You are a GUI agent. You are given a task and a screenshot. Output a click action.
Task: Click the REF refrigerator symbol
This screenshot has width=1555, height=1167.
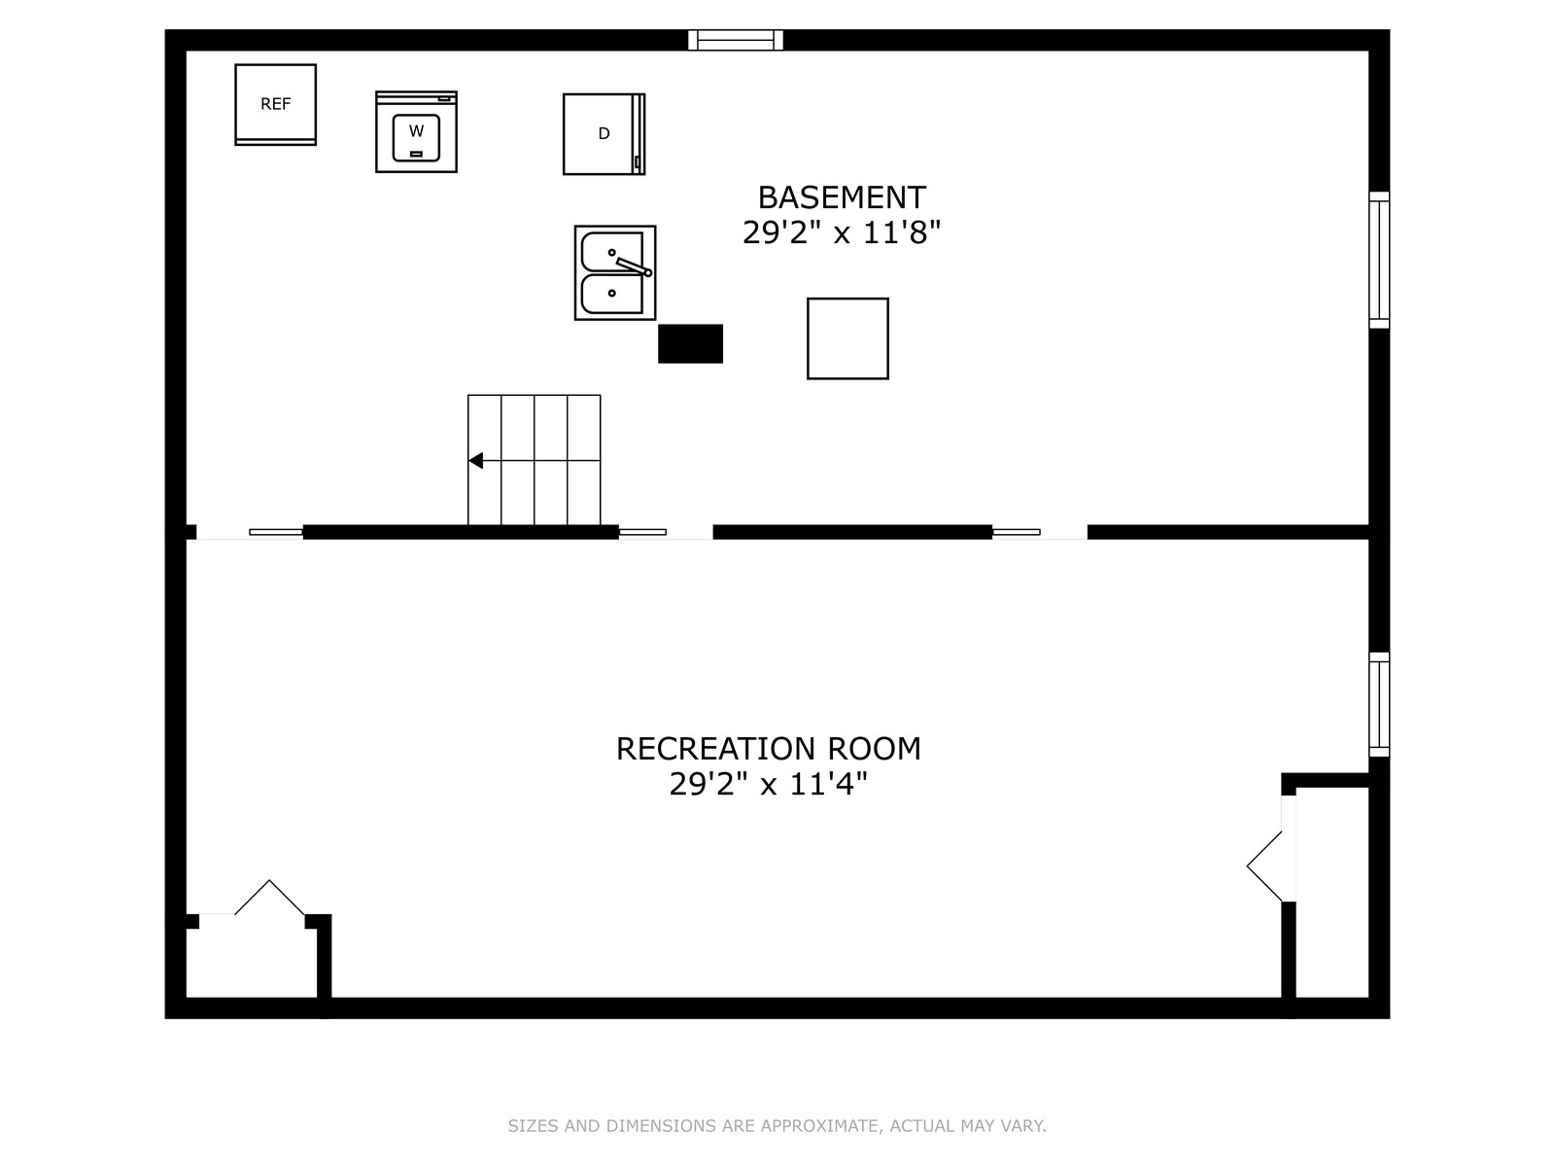click(x=276, y=105)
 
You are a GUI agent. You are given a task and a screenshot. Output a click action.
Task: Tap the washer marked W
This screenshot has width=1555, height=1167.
click(x=417, y=132)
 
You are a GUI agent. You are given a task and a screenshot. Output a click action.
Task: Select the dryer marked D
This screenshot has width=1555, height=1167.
click(x=605, y=134)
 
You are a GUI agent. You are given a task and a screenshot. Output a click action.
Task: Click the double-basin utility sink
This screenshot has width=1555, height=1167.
click(x=615, y=273)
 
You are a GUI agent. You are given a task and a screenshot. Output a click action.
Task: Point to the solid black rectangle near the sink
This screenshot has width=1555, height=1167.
click(x=691, y=343)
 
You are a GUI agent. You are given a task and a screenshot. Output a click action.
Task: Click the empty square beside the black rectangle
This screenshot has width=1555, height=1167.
click(x=848, y=338)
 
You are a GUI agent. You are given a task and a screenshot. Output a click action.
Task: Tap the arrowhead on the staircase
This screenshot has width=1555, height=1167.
click(x=475, y=461)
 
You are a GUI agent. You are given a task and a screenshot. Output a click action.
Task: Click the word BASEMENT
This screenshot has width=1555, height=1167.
click(x=842, y=197)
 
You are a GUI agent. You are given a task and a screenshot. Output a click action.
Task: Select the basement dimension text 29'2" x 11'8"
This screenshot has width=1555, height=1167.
click(x=842, y=232)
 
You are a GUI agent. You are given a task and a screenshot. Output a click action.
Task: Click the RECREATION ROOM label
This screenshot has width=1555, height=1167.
click(x=769, y=749)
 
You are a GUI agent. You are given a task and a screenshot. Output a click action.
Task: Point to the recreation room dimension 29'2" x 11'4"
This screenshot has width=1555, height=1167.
click(x=769, y=784)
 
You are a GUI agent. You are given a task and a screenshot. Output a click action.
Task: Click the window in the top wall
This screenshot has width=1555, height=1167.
click(x=736, y=41)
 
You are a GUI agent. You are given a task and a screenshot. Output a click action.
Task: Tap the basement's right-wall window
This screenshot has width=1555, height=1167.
click(x=1379, y=260)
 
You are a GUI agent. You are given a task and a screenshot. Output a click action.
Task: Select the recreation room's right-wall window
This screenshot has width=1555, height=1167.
click(x=1379, y=704)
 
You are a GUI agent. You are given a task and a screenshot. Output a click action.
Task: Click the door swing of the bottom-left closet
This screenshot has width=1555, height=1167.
click(x=270, y=898)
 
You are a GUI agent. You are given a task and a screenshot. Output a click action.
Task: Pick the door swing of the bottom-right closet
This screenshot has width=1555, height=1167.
click(x=1264, y=866)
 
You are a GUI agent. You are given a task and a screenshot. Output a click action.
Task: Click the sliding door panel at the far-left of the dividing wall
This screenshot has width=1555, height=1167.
click(x=276, y=532)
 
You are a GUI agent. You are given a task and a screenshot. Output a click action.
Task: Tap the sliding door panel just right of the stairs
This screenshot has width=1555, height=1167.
click(x=642, y=532)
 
